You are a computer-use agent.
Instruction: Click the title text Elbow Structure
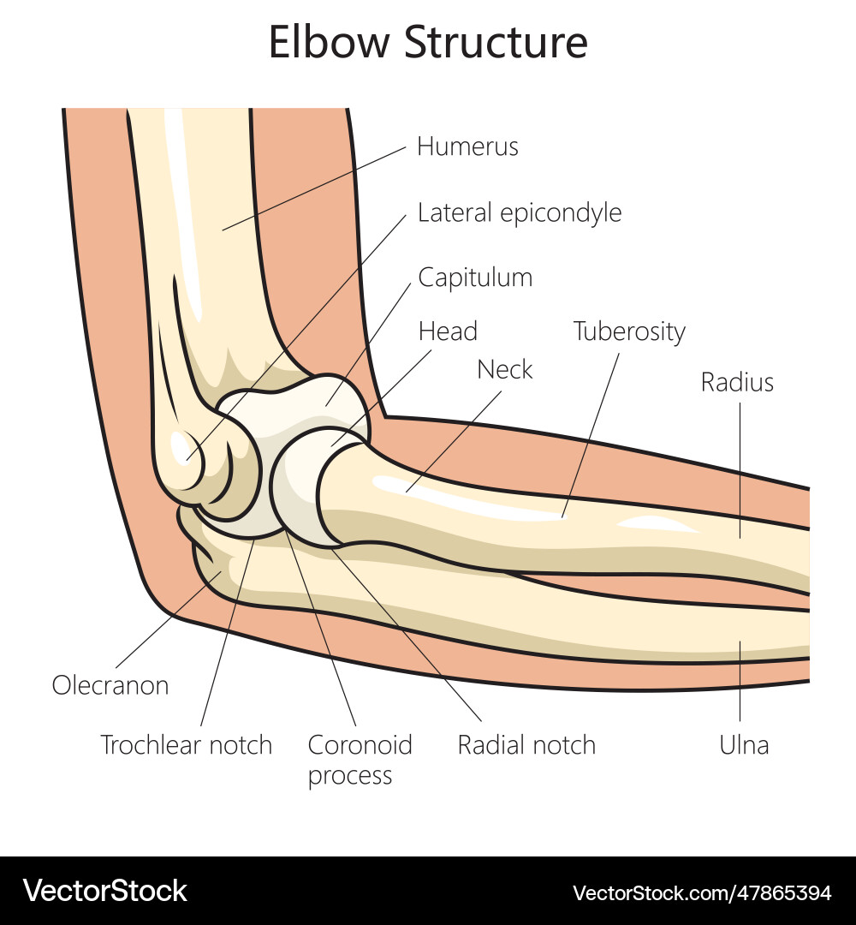(x=428, y=43)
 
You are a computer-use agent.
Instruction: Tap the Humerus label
(x=467, y=146)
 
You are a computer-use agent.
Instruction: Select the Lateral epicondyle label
(x=520, y=212)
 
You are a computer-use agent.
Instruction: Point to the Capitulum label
(x=475, y=277)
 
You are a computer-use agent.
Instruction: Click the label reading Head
(x=448, y=331)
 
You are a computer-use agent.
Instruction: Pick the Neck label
(x=505, y=370)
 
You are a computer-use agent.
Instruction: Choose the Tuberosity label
(x=629, y=331)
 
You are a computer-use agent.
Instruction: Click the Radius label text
(x=737, y=382)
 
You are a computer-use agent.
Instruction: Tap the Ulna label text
(x=744, y=744)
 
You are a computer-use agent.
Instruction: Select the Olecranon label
(x=110, y=685)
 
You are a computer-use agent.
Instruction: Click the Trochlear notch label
(x=187, y=744)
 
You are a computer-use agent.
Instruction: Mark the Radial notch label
(x=526, y=744)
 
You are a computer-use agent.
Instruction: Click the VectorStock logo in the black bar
(x=105, y=891)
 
